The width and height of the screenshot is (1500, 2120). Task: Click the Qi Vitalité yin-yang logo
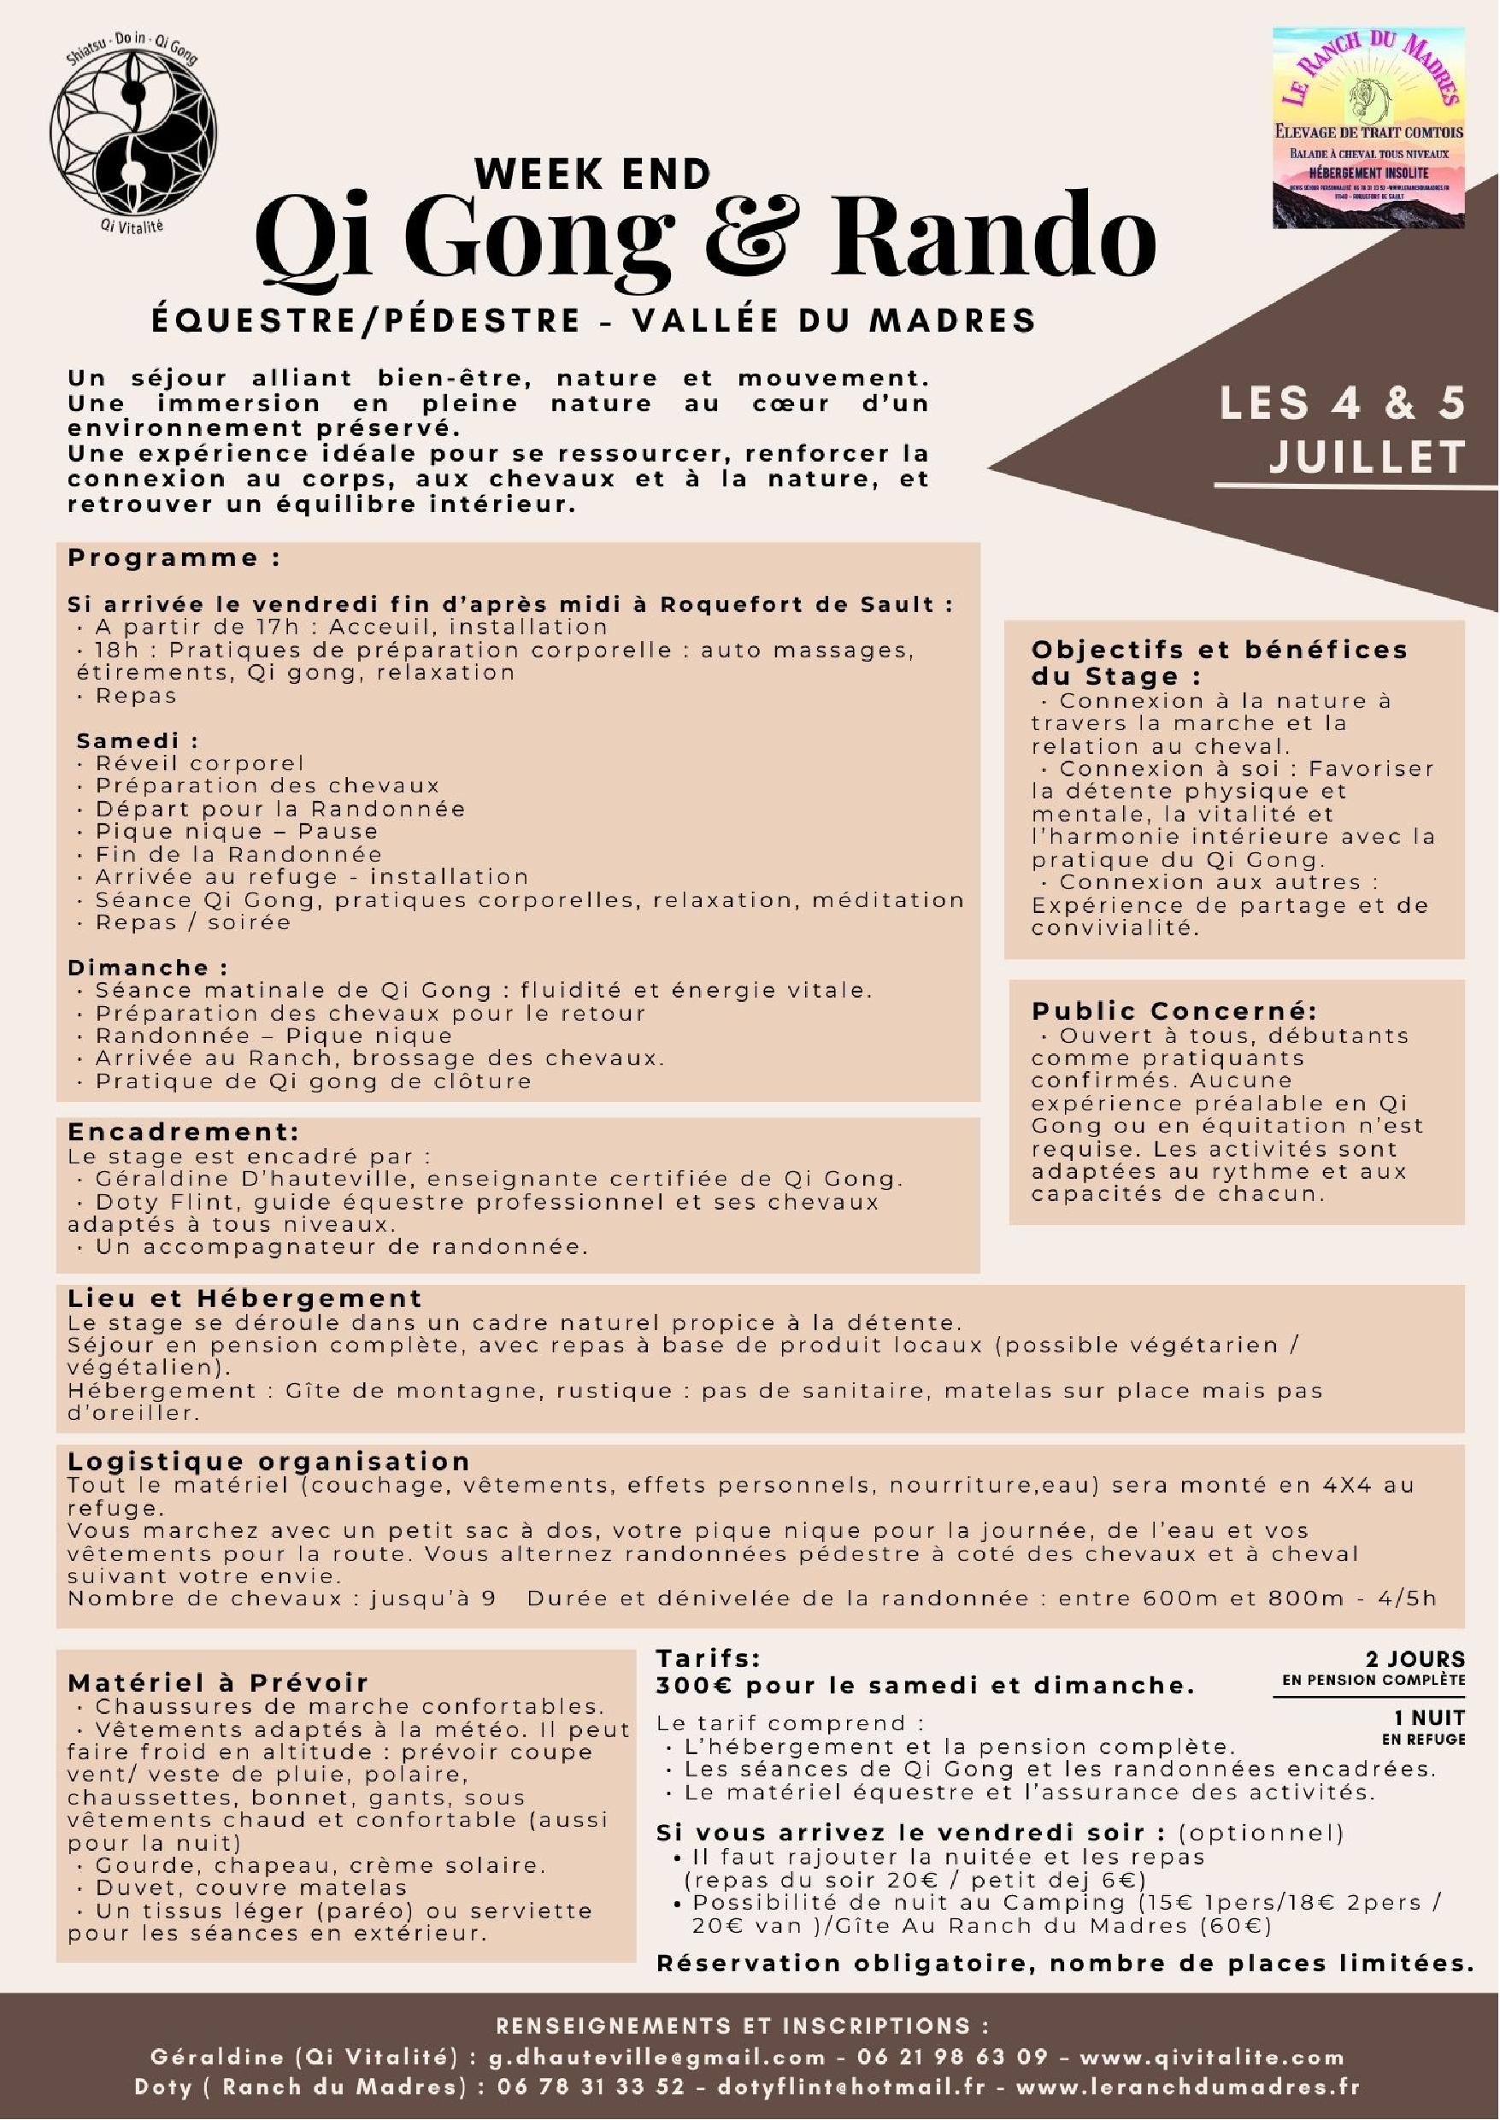133,135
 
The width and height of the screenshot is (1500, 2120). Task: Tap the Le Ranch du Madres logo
1368,127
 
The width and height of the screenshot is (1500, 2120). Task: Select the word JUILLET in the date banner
1367,456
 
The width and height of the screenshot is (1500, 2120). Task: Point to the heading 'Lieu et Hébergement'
244,1298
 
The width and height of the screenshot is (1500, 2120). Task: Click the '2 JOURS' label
1415,1658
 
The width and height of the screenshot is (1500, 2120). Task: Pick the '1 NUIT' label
1430,1717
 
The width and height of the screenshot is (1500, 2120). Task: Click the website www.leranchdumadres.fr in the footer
1187,2087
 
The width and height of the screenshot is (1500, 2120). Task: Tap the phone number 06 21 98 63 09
953,2056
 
